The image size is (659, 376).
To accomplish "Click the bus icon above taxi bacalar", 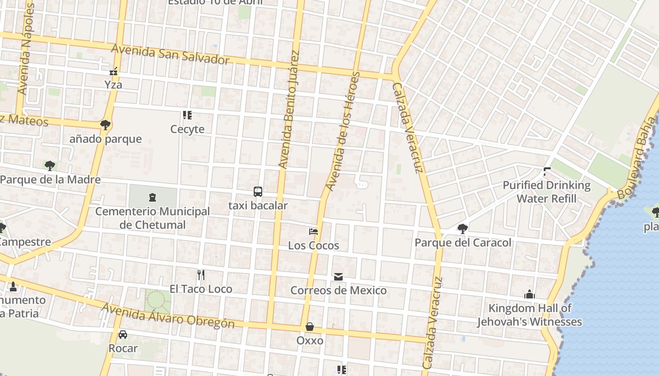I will (x=257, y=191).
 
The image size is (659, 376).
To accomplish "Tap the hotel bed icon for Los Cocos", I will (x=313, y=231).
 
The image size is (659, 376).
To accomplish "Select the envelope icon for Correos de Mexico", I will (x=338, y=277).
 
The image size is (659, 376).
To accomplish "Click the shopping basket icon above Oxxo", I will (x=310, y=326).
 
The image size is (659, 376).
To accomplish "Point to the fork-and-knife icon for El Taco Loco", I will (x=201, y=274).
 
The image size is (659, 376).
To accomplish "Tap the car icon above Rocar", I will (x=123, y=334).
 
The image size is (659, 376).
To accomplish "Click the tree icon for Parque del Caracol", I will (x=462, y=229).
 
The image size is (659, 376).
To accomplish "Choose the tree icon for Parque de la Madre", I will (x=50, y=165).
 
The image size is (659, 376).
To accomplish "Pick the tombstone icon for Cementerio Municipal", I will (x=152, y=197).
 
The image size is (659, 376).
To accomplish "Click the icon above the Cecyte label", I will (x=187, y=115).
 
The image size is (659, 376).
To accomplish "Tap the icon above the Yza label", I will (x=113, y=71).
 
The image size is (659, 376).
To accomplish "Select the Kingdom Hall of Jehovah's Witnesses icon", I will (x=529, y=295).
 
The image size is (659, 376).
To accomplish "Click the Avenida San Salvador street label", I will (x=170, y=55).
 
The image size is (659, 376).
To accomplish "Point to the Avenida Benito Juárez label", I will (x=289, y=109).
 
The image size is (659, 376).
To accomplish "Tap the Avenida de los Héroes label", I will (x=343, y=132).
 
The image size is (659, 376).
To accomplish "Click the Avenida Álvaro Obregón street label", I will (x=168, y=315).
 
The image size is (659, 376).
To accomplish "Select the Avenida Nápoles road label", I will (x=25, y=49).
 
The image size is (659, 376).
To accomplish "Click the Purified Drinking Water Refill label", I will (x=546, y=192).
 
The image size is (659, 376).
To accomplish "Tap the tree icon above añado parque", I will (x=105, y=125).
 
